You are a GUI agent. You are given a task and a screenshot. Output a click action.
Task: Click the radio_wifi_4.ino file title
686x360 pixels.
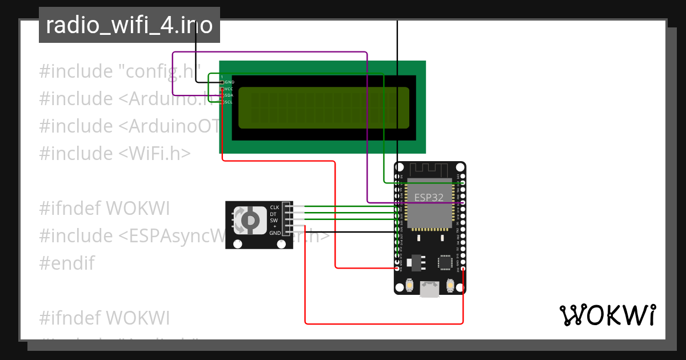click(129, 25)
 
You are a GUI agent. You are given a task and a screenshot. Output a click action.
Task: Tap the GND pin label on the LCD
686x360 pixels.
click(229, 82)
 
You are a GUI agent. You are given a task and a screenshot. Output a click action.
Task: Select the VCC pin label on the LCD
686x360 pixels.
click(229, 89)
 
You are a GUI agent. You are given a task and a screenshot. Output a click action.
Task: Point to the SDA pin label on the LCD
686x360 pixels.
click(229, 95)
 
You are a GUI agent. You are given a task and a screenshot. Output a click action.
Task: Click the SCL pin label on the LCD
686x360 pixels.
click(229, 102)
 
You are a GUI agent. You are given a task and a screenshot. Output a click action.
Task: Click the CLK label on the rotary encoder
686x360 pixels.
click(274, 207)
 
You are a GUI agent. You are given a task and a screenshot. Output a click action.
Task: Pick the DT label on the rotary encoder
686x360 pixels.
click(273, 214)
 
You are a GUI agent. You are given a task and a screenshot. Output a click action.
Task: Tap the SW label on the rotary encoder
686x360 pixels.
click(274, 220)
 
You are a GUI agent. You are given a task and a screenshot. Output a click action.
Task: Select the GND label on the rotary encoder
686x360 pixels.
click(275, 233)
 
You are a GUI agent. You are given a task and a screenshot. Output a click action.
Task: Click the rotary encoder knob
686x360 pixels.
click(250, 220)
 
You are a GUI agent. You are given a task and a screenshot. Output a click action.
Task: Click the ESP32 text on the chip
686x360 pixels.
click(429, 197)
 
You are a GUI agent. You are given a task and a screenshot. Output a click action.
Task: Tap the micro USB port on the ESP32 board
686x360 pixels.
click(429, 289)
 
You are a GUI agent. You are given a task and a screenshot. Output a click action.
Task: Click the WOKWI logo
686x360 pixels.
click(608, 315)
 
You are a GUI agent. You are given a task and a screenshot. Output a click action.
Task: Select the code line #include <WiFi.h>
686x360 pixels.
click(115, 153)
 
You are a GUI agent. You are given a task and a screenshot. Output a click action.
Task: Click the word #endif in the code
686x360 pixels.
click(67, 263)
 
